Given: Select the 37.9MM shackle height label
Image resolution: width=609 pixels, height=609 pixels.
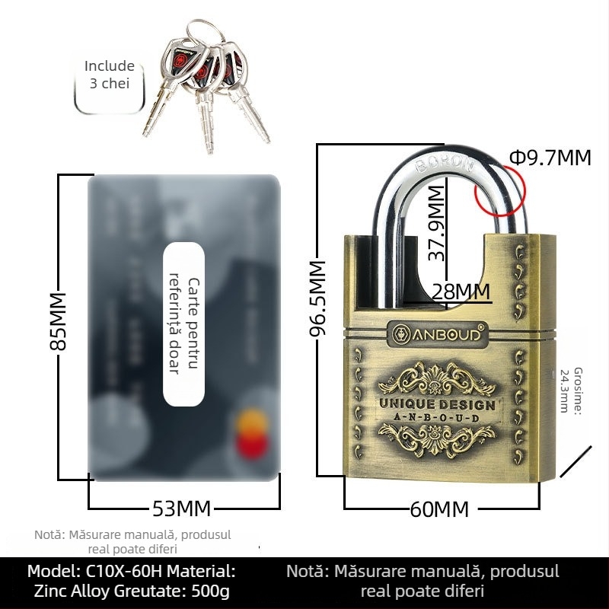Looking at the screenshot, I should pyautogui.click(x=436, y=223).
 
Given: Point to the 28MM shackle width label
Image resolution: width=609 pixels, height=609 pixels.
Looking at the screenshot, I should pyautogui.click(x=461, y=291).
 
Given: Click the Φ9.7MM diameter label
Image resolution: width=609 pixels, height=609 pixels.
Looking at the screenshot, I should pyautogui.click(x=550, y=158).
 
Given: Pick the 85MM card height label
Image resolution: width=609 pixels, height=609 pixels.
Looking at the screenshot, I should pyautogui.click(x=58, y=320).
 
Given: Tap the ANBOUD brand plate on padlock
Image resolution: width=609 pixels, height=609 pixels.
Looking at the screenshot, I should pyautogui.click(x=437, y=334).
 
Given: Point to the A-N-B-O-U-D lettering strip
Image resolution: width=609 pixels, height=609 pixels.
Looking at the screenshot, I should pyautogui.click(x=437, y=418).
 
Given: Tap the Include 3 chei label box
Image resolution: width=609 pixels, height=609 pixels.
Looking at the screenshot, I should pyautogui.click(x=110, y=75).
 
